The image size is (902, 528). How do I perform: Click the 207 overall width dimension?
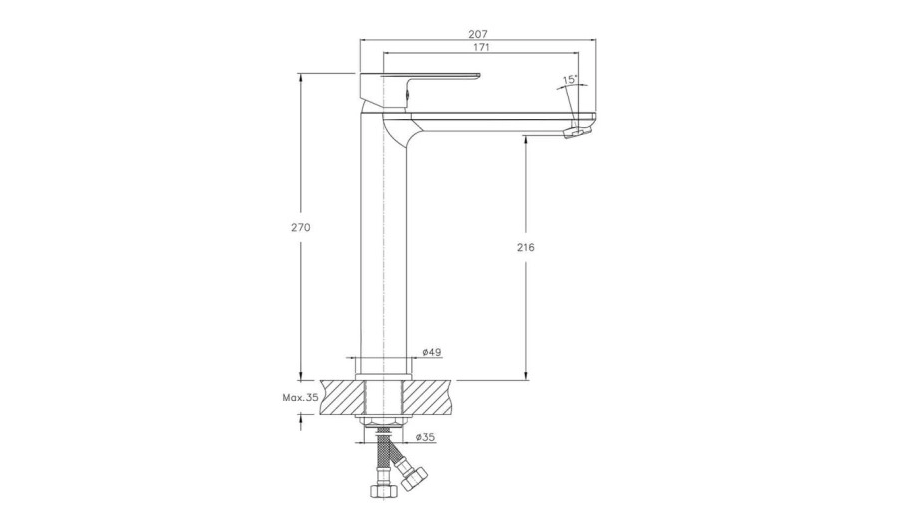pyautogui.click(x=478, y=34)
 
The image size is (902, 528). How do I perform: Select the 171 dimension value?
pyautogui.click(x=481, y=47)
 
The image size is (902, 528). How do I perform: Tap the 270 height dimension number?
pyautogui.click(x=300, y=227)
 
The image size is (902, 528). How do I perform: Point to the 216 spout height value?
pyautogui.click(x=525, y=247)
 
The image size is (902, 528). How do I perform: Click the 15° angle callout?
pyautogui.click(x=570, y=80)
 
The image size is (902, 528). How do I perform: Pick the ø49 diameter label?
pyautogui.click(x=431, y=352)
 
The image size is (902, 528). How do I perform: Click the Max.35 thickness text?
pyautogui.click(x=300, y=397)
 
